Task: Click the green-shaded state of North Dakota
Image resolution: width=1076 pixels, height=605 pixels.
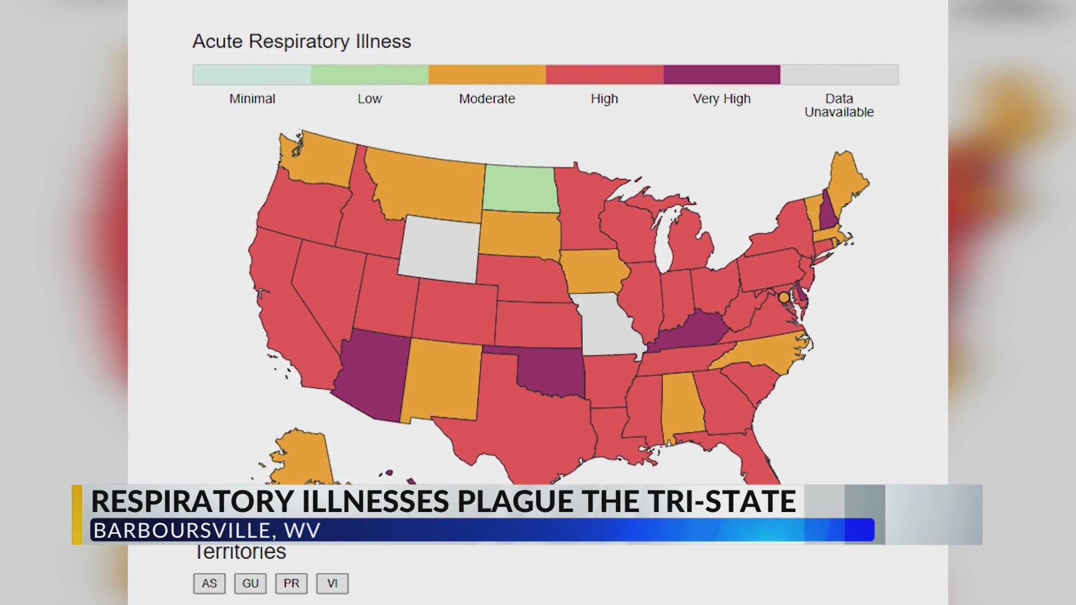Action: [x=520, y=189]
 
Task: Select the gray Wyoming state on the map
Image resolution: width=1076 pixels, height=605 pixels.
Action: [x=439, y=249]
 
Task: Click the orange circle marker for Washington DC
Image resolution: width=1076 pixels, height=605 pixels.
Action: [x=783, y=297]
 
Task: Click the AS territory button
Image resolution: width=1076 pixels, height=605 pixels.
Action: [x=209, y=583]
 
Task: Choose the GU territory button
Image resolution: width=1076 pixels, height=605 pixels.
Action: [x=250, y=583]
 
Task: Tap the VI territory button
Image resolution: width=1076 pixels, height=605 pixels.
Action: [x=332, y=583]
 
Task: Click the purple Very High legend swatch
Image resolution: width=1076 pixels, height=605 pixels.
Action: [x=721, y=75]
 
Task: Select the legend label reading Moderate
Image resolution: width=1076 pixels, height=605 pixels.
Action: [x=486, y=99]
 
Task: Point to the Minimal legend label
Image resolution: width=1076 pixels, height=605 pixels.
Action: [x=252, y=99]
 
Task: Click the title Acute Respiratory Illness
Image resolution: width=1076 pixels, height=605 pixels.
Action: [x=302, y=41]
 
